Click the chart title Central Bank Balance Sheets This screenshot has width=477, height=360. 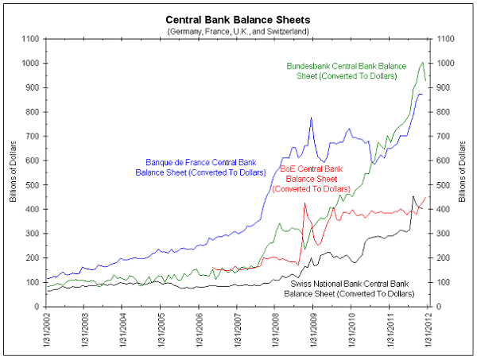click(x=238, y=18)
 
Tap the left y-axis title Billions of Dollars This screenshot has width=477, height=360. click(x=13, y=172)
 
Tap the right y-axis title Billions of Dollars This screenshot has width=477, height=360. click(x=463, y=172)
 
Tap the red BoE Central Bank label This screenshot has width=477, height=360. click(x=311, y=179)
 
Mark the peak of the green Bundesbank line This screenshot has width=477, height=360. click(x=424, y=62)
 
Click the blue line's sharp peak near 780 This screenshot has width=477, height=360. click(x=311, y=118)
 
